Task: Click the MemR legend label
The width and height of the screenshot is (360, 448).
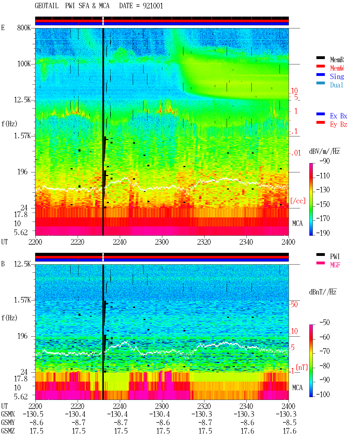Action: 337,60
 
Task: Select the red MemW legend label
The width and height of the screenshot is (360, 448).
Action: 337,68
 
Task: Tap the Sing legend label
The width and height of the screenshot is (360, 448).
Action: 337,76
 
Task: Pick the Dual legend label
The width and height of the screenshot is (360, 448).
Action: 336,85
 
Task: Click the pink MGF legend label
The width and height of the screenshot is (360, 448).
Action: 335,265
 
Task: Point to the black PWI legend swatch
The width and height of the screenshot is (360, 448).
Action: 320,255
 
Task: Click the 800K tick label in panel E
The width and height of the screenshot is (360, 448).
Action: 24,28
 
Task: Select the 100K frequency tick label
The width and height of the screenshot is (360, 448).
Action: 24,64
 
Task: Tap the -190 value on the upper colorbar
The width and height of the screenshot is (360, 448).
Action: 323,233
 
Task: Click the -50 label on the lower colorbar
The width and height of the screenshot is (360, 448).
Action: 325,323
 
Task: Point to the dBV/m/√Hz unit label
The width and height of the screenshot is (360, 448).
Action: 324,151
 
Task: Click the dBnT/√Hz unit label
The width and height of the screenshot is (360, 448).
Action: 323,292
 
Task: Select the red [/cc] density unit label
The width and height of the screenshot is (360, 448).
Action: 298,201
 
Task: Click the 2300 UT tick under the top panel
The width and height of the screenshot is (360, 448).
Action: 162,242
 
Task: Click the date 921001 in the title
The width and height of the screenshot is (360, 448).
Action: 153,6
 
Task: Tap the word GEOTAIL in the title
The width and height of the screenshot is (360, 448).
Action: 47,6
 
